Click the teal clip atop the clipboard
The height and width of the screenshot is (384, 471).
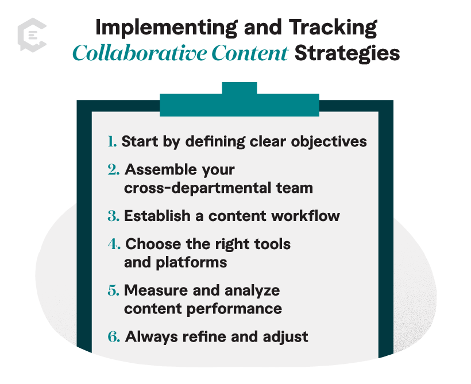pyautogui.click(x=239, y=101)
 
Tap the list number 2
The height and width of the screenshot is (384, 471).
pyautogui.click(x=114, y=170)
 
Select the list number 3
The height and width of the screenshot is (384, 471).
pyautogui.click(x=114, y=216)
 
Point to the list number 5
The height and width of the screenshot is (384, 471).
pyautogui.click(x=114, y=290)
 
